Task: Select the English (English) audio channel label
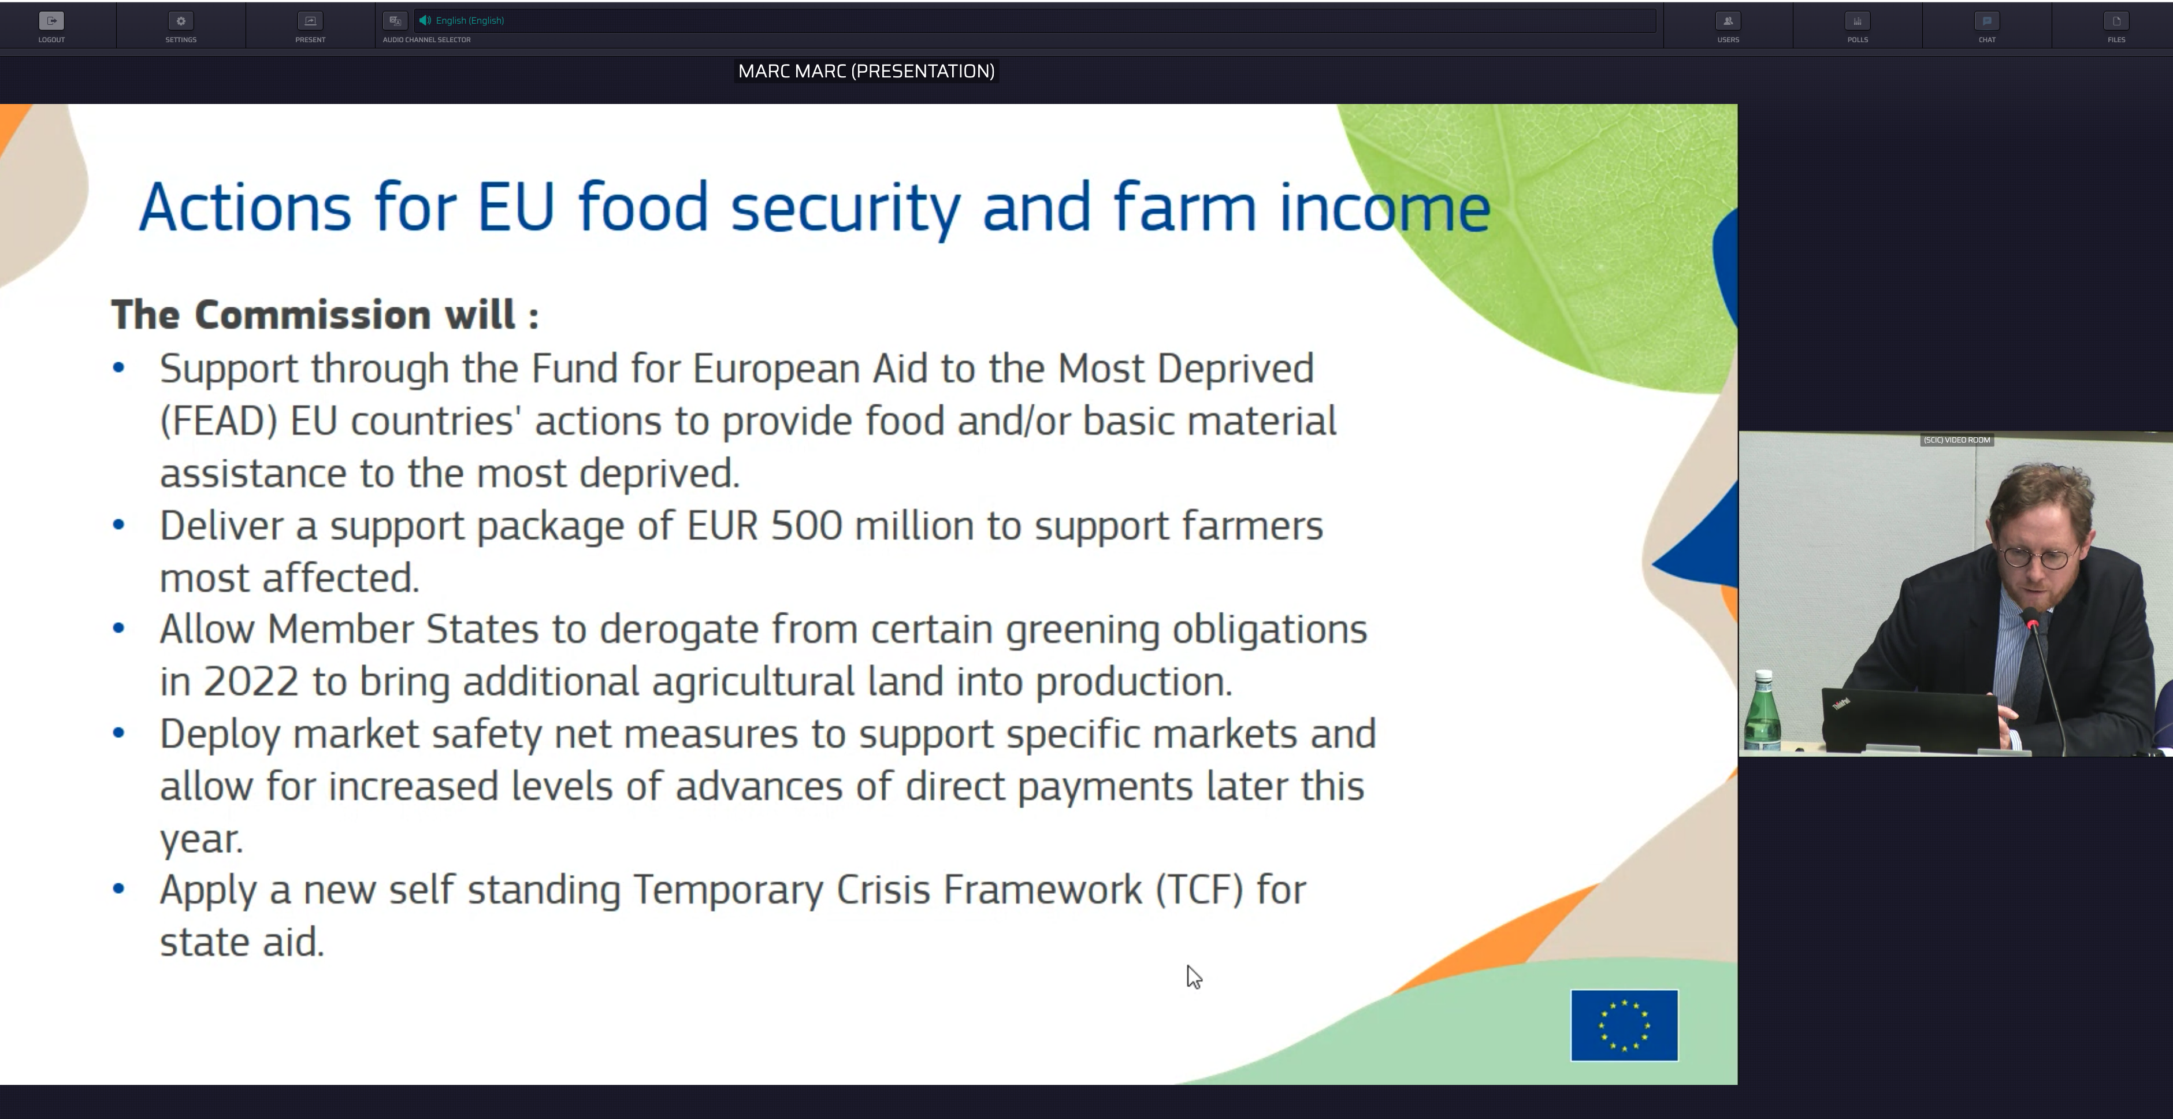tap(470, 20)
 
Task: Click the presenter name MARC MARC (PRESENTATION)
tap(866, 72)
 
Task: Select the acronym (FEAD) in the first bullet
tap(218, 421)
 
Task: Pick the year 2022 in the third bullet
tap(251, 681)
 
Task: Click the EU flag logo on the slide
tap(1624, 1025)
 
